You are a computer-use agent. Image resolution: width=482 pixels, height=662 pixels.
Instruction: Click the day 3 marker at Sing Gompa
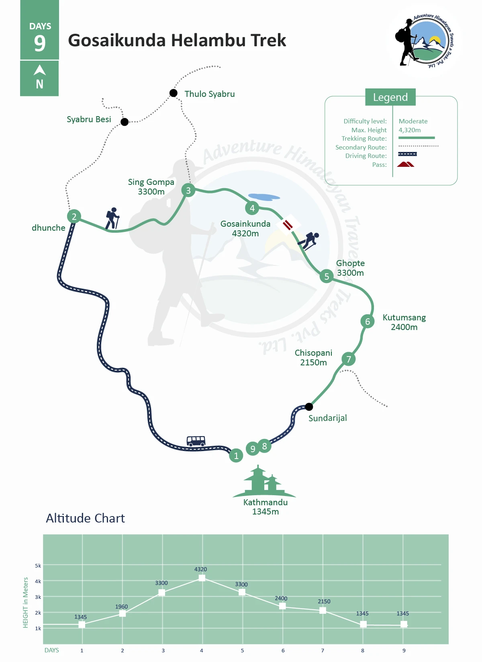click(x=188, y=190)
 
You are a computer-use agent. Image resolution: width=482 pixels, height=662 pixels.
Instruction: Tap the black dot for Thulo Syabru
click(x=174, y=93)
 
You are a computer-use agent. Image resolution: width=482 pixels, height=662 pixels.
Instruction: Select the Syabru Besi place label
click(x=89, y=119)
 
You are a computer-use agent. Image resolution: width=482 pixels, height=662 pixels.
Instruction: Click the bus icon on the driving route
click(x=196, y=441)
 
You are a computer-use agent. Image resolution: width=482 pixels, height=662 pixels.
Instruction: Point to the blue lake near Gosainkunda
click(x=263, y=197)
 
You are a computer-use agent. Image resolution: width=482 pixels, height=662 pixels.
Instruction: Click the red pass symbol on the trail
click(x=288, y=224)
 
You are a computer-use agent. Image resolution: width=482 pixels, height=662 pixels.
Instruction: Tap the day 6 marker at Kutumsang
click(x=367, y=322)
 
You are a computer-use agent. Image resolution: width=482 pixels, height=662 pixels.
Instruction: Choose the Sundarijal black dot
click(x=309, y=406)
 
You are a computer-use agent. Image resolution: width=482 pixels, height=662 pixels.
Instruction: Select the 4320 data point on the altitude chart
click(x=202, y=578)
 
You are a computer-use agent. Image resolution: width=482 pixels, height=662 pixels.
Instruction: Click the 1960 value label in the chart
click(x=121, y=607)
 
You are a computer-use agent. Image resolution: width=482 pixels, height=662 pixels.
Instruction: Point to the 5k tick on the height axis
click(x=38, y=566)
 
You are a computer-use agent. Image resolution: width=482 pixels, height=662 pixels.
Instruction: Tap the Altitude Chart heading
click(x=85, y=518)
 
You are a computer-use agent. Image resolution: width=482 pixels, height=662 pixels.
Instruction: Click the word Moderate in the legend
click(x=413, y=121)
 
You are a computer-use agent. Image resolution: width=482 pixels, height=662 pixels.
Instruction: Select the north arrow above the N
click(x=39, y=70)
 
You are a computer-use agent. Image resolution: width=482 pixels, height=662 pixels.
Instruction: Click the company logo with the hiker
click(x=424, y=41)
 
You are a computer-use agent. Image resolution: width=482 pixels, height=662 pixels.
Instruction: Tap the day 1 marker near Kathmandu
click(x=236, y=455)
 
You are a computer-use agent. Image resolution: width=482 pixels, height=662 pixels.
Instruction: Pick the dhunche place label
click(x=49, y=228)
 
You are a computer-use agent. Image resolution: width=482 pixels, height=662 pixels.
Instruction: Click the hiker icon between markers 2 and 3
click(x=112, y=218)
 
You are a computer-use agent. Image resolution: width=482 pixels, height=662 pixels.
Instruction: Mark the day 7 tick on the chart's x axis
click(x=323, y=650)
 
